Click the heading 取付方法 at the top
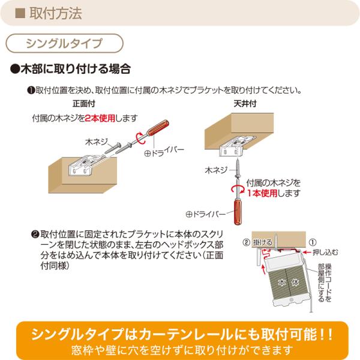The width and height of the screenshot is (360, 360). pos(56,13)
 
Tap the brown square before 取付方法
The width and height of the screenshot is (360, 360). pos(20,13)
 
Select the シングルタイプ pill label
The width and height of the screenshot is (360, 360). pos(64,43)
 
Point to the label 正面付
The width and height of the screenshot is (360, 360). pos(84,104)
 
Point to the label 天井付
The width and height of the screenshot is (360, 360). pos(245,104)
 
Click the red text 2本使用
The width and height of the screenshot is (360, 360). pos(100,118)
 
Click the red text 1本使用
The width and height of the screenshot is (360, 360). pos(262,193)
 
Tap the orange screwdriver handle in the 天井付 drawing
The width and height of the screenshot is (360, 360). pos(238,212)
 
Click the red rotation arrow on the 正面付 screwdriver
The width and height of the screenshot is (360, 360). pos(140,138)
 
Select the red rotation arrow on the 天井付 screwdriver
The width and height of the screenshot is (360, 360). pos(238,190)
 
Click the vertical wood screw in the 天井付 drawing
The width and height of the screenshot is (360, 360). pos(238,169)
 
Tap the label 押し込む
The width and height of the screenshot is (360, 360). pos(325,253)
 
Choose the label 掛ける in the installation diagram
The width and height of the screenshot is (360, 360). pos(262,242)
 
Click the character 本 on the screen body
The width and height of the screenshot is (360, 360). pos(282,282)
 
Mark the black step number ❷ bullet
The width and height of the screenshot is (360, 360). pos(35,235)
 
